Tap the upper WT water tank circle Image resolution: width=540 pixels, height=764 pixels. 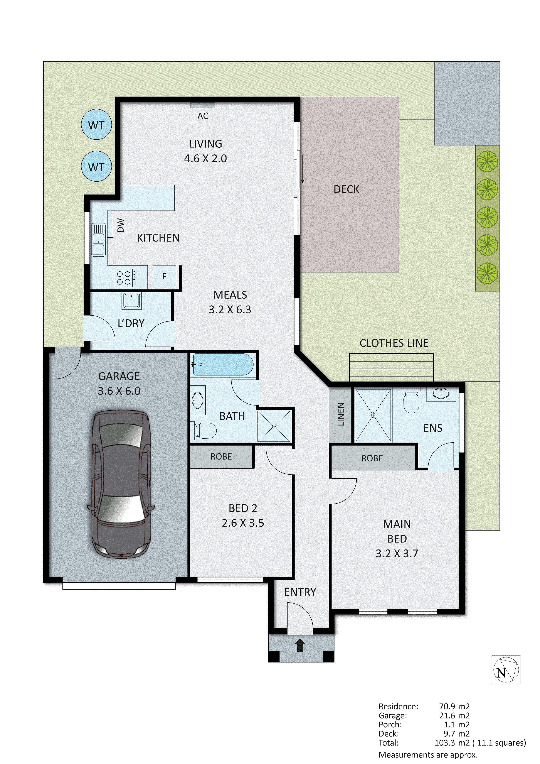(x=96, y=125)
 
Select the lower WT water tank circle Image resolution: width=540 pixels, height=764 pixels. (x=96, y=166)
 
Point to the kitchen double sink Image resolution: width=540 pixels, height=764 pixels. (x=98, y=240)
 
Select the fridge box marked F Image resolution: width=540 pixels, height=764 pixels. (x=164, y=276)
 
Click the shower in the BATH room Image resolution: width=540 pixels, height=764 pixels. (x=274, y=426)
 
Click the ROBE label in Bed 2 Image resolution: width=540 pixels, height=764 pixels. (x=221, y=456)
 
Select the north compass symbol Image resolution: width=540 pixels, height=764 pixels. (x=506, y=670)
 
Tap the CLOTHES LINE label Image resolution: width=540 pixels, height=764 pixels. (x=394, y=343)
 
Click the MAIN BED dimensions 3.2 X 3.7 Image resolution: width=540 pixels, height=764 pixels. (x=397, y=553)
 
